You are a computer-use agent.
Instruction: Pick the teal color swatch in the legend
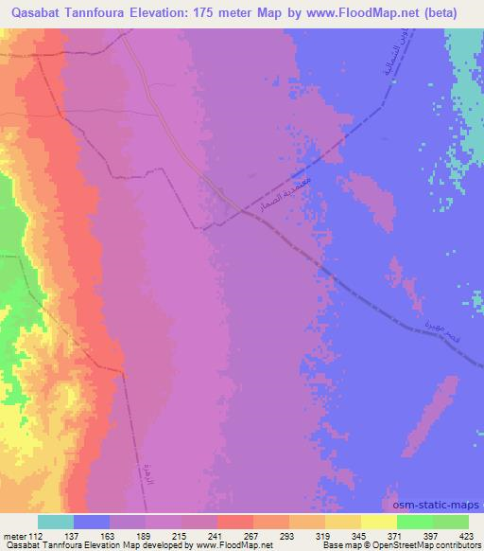[x=56, y=522]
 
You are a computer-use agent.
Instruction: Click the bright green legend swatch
[x=414, y=522]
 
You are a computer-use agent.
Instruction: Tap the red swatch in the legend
[x=234, y=522]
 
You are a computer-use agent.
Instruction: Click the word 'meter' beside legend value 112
[x=17, y=536]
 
